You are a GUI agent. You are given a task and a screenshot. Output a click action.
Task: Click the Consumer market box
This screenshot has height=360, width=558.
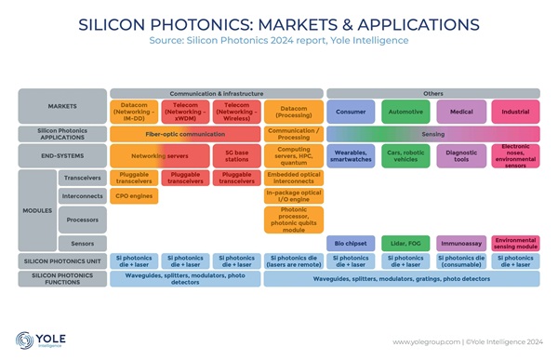pyautogui.click(x=350, y=112)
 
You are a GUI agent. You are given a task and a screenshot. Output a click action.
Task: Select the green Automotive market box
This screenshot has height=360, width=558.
pyautogui.click(x=405, y=112)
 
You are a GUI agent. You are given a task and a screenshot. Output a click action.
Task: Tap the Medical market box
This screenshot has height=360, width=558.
pyautogui.click(x=460, y=112)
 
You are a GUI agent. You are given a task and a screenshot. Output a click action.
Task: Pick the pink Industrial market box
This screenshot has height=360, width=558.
pyautogui.click(x=514, y=112)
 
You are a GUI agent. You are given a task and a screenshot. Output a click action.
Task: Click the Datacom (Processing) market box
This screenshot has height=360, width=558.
pyautogui.click(x=293, y=112)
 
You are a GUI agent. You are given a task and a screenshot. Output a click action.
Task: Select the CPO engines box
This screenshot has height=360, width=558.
pyautogui.click(x=134, y=196)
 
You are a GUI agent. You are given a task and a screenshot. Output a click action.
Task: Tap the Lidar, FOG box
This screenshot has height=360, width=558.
pyautogui.click(x=405, y=243)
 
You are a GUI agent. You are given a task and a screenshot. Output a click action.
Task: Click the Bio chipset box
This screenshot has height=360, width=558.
pyautogui.click(x=350, y=243)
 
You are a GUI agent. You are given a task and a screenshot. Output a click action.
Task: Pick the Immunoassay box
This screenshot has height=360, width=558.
pyautogui.click(x=460, y=243)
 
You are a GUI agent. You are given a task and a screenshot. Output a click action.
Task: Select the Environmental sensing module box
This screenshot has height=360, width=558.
pyautogui.click(x=514, y=243)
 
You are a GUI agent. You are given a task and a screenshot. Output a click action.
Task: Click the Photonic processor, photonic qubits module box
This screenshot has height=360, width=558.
pyautogui.click(x=293, y=220)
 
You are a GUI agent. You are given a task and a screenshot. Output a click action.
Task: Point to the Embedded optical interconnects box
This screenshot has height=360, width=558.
pyautogui.click(x=293, y=177)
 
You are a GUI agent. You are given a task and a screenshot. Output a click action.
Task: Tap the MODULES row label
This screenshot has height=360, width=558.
pyautogui.click(x=37, y=209)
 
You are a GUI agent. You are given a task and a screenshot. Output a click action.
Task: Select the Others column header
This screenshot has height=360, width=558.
pyautogui.click(x=432, y=93)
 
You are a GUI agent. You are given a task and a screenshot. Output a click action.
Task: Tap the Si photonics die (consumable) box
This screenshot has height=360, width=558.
pyautogui.click(x=460, y=261)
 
